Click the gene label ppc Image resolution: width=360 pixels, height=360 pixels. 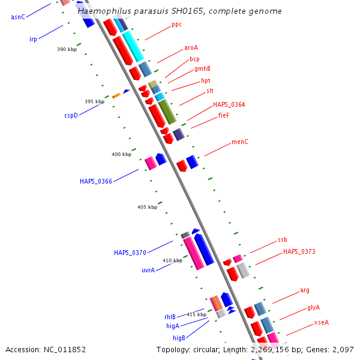point(176,25)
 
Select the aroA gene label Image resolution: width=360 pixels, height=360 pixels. point(191,48)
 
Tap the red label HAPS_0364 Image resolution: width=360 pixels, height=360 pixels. point(229,104)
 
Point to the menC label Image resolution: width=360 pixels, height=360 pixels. point(239,142)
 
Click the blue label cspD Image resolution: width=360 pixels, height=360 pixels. point(71,115)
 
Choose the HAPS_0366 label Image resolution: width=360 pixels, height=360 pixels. point(96,181)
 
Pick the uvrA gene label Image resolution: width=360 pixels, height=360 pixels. point(148,270)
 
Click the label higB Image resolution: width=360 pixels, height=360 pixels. point(179,338)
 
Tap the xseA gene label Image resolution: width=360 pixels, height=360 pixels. point(321,322)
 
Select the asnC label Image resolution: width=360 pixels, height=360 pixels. point(18,17)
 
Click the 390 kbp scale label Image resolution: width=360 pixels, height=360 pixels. point(67,49)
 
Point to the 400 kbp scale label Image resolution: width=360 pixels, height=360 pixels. point(121,154)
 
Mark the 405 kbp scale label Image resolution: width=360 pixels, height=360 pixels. point(147,207)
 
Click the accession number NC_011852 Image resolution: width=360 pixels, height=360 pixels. point(65,350)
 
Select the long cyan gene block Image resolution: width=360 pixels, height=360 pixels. point(133,47)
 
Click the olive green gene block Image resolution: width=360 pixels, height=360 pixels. point(167,112)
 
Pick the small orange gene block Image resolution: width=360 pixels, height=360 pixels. point(116,95)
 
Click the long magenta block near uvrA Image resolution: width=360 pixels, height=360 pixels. point(194,253)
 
